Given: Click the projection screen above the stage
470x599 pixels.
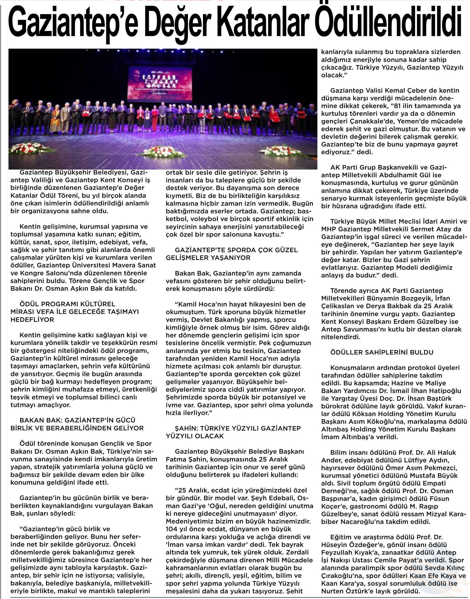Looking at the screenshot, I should [x=160, y=82].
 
